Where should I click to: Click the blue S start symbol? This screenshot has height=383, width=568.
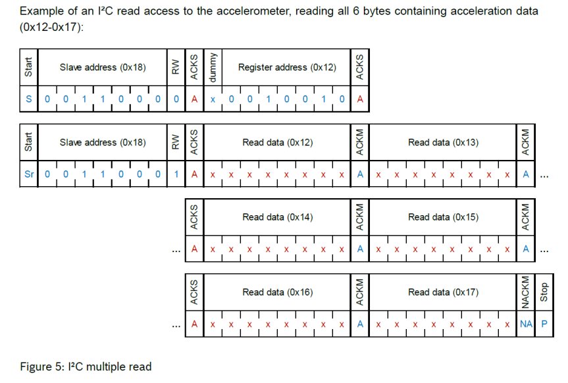(x=28, y=99)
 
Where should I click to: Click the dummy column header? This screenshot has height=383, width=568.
(x=212, y=67)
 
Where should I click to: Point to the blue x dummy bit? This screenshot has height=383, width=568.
(x=212, y=99)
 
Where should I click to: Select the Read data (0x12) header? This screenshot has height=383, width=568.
(x=276, y=142)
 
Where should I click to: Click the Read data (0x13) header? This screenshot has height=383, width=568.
(x=442, y=142)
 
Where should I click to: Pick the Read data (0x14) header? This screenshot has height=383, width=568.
(x=276, y=217)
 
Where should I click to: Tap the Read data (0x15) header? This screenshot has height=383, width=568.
(x=442, y=217)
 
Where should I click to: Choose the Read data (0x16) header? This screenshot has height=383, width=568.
(x=276, y=292)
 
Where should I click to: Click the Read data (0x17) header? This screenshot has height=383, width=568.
(x=442, y=292)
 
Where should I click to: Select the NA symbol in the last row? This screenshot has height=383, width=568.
(x=525, y=324)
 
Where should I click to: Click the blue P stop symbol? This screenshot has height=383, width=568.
(x=544, y=324)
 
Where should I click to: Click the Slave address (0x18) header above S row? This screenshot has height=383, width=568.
(x=102, y=67)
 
